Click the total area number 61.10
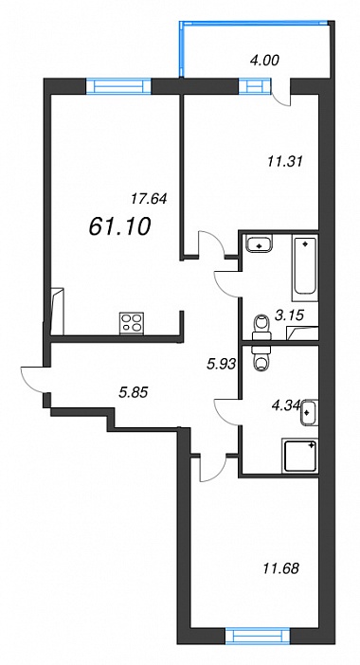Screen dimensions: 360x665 pyautogui.click(x=120, y=226)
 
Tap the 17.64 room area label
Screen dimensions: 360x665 pyautogui.click(x=150, y=199)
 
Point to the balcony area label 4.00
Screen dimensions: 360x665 pyautogui.click(x=264, y=61)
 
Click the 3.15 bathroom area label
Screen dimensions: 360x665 pyautogui.click(x=290, y=316)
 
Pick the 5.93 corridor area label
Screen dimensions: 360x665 pyautogui.click(x=220, y=365)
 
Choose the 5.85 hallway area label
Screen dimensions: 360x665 pyautogui.click(x=134, y=393)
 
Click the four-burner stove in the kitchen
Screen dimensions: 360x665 pyautogui.click(x=132, y=324)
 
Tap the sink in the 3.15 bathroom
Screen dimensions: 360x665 pyautogui.click(x=260, y=244)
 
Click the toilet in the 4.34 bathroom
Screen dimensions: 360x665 pyautogui.click(x=260, y=357)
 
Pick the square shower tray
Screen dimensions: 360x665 pyautogui.click(x=300, y=456)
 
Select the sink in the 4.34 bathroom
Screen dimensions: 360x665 pyautogui.click(x=309, y=412)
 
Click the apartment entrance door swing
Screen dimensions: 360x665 pyautogui.click(x=33, y=380)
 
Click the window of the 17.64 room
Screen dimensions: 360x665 pyautogui.click(x=118, y=86)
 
